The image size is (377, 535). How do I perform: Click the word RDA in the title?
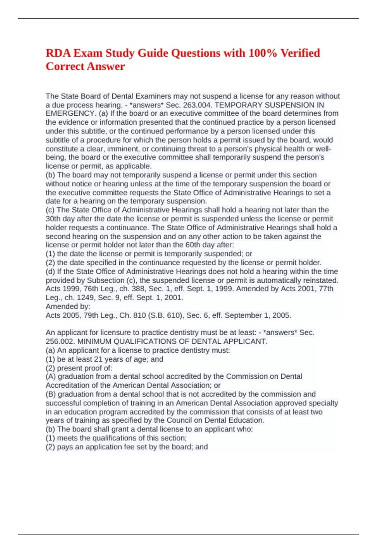58,53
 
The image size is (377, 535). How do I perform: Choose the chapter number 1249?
86,298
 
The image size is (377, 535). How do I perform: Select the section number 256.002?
60,341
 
